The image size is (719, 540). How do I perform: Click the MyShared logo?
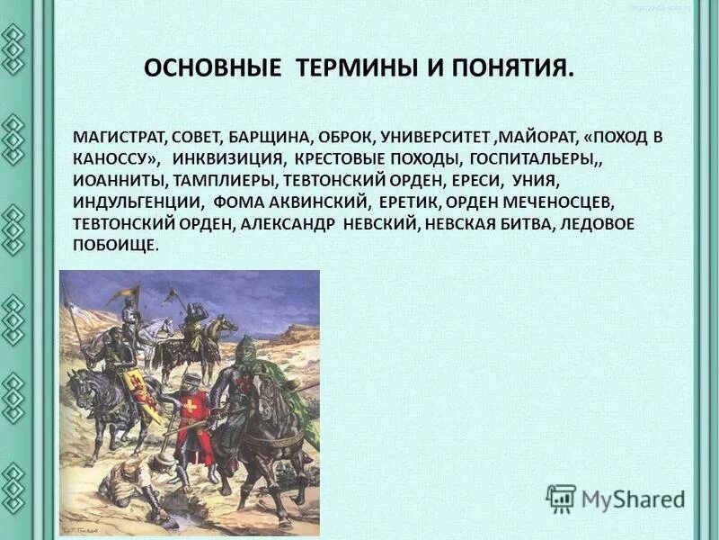tap(616, 498)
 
